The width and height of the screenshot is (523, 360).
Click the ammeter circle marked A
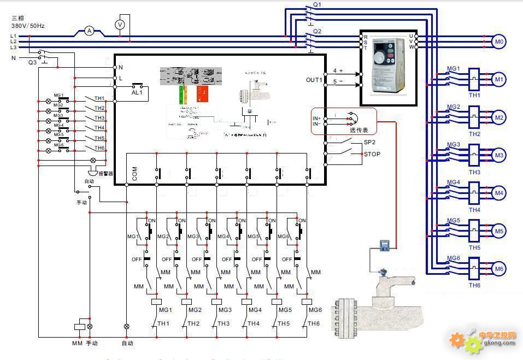(x=89, y=32)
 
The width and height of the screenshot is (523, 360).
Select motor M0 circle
(x=498, y=42)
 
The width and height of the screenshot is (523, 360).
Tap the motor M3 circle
(x=498, y=155)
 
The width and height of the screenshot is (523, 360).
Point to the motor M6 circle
(x=498, y=268)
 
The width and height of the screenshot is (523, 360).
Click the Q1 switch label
(x=317, y=4)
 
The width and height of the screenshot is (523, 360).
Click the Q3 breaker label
(x=33, y=62)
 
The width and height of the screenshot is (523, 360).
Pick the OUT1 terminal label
(x=314, y=80)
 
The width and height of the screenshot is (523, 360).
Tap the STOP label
(x=372, y=154)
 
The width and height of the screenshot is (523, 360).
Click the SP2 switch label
(x=369, y=142)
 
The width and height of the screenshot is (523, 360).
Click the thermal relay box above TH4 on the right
(x=474, y=193)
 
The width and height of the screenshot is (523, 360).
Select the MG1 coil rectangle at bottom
(x=156, y=301)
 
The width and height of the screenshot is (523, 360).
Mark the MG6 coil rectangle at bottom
(x=307, y=301)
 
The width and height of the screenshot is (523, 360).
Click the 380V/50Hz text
(x=28, y=26)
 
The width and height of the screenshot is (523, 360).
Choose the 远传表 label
(x=359, y=130)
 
